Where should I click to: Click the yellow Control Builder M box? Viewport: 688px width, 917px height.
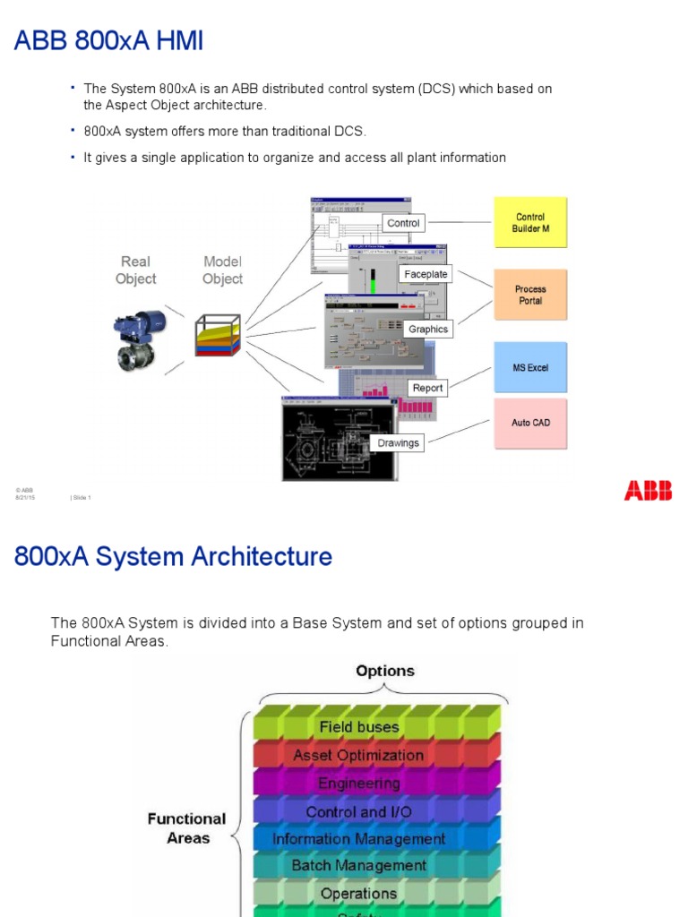[530, 222]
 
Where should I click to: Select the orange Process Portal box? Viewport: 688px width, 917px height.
[530, 295]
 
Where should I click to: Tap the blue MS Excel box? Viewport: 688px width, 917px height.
[530, 367]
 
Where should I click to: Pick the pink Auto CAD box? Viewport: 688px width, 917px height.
[530, 423]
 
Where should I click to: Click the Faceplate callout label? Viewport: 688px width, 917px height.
[426, 274]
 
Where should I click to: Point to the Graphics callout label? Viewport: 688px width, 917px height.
[428, 330]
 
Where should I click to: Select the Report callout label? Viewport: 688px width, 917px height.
[427, 388]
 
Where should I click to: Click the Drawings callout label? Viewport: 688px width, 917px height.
[399, 442]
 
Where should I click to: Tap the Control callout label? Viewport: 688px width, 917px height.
[403, 223]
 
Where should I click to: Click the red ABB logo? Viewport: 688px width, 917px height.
[648, 490]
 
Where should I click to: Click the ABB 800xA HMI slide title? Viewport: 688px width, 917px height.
[108, 40]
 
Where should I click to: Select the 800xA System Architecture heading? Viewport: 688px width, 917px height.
[173, 557]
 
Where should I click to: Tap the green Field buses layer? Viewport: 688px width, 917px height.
[359, 727]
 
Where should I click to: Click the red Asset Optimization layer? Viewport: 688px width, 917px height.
[358, 755]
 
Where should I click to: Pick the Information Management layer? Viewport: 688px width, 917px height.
[358, 839]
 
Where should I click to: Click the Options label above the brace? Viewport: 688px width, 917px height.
[385, 671]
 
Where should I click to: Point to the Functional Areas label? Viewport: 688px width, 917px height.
[186, 828]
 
